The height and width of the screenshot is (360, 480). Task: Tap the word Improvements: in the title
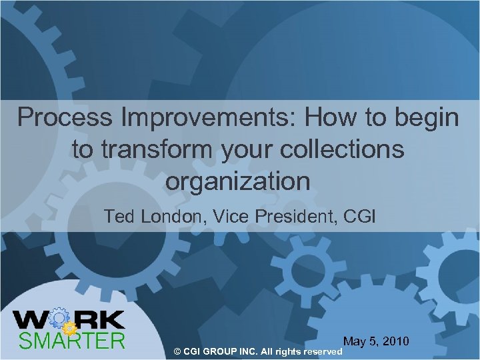(x=201, y=118)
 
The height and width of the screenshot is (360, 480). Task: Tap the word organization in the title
(x=239, y=181)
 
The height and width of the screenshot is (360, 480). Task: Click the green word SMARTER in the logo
(x=72, y=341)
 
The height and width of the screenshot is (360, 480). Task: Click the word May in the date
(x=355, y=341)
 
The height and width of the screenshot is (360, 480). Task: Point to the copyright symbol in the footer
(x=177, y=351)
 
